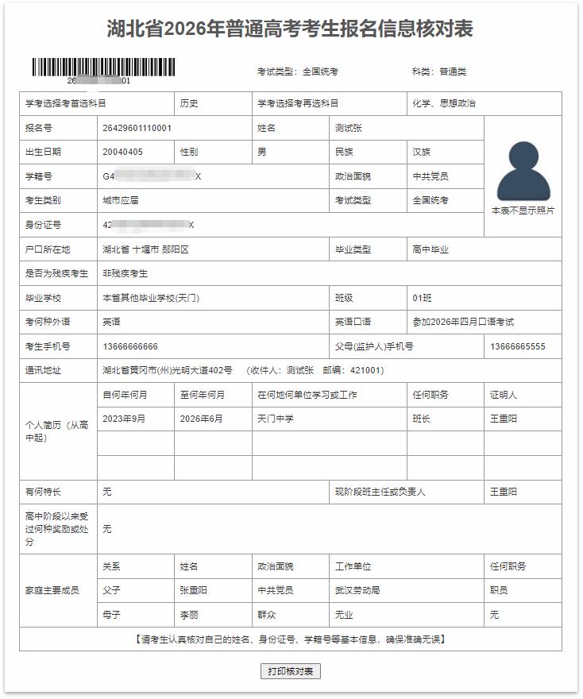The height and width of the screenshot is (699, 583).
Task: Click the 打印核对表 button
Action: coord(290,671)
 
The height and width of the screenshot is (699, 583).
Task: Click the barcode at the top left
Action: coord(104,67)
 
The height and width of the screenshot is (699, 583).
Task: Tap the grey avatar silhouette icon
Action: coord(523,171)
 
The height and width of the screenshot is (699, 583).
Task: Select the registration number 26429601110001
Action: coord(137,128)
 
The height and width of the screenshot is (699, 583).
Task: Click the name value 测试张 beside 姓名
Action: coord(349,128)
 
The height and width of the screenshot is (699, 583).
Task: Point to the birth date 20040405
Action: coord(122,152)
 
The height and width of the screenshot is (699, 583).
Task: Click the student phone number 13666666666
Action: coord(130,346)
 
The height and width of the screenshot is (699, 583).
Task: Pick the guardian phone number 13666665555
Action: coord(518,346)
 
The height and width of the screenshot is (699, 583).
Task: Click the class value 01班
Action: coord(422,298)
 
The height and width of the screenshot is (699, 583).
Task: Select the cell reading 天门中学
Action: coord(276,419)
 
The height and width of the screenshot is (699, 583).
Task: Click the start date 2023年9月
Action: coord(124,419)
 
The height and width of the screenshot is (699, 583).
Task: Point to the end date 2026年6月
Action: coord(202,419)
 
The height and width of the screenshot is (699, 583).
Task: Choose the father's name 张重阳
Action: coord(194,591)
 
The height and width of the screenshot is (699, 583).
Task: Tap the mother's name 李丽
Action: coord(189,615)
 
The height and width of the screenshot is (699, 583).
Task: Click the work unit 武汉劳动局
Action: coord(357,591)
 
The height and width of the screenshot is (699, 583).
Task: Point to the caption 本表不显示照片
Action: coord(523,211)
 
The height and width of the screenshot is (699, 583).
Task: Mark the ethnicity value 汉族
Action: coord(422,152)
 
